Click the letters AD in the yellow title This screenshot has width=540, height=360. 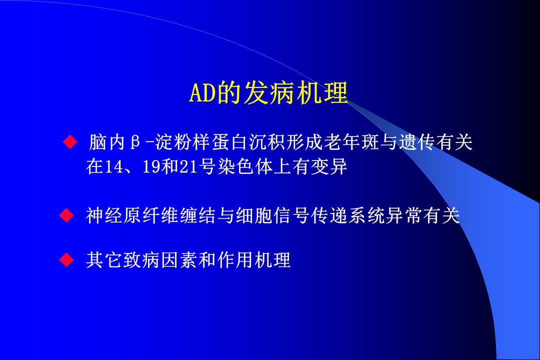click(x=202, y=93)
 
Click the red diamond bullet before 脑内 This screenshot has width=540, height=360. click(x=70, y=141)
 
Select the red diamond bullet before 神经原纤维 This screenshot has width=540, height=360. click(x=66, y=215)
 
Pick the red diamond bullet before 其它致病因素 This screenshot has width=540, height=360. click(x=66, y=259)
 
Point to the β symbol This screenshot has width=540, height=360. click(x=135, y=142)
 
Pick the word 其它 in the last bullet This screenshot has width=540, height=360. click(x=104, y=260)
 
